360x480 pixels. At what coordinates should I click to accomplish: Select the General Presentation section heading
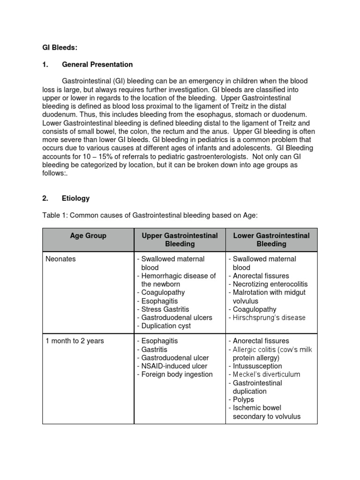(x=97, y=64)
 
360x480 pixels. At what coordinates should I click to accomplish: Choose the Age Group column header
(x=88, y=236)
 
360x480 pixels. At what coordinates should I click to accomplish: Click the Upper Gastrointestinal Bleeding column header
(x=180, y=240)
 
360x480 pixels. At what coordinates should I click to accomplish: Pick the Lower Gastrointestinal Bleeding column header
(x=271, y=240)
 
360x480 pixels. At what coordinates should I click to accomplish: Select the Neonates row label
(x=60, y=259)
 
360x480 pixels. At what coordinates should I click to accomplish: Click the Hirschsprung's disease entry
(x=267, y=318)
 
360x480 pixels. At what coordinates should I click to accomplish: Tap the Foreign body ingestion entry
(x=174, y=374)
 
